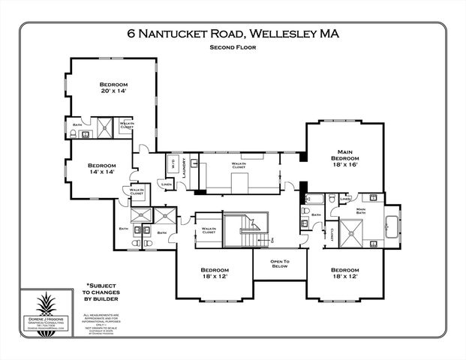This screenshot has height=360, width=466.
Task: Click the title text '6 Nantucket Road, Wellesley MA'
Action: (x=233, y=34)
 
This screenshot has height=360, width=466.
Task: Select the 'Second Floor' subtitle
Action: (x=233, y=47)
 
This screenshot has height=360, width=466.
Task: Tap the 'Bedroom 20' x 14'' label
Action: (x=115, y=88)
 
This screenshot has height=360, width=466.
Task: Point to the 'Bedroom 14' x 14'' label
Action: (x=101, y=168)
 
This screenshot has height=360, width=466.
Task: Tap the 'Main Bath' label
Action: (x=362, y=211)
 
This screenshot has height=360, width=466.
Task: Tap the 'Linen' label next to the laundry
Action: (x=166, y=184)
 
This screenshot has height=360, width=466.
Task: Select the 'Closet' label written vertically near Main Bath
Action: (x=331, y=234)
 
